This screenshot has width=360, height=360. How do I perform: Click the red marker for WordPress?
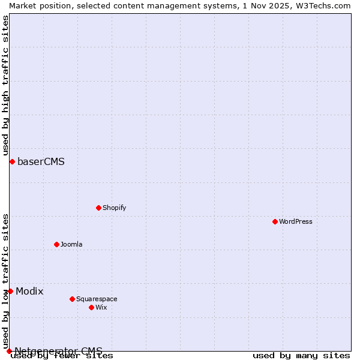(275, 221)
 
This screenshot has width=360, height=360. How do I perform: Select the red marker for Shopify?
(98, 208)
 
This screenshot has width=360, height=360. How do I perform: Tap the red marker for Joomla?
(56, 244)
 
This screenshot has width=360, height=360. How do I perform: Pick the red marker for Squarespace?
(72, 299)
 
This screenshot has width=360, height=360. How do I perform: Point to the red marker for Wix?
(91, 307)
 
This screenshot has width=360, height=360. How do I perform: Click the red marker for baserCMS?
(12, 161)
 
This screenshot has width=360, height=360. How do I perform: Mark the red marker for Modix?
(10, 291)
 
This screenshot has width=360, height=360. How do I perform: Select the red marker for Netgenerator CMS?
(9, 351)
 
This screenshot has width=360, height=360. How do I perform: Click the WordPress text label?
(296, 221)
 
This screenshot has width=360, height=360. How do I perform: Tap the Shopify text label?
(114, 208)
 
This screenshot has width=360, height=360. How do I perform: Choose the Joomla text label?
(71, 244)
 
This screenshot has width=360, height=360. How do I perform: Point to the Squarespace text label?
(97, 299)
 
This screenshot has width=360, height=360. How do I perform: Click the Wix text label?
(101, 307)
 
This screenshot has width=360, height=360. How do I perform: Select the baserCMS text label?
(41, 161)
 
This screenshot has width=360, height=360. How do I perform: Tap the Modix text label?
(29, 291)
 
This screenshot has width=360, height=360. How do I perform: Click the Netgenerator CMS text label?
(58, 351)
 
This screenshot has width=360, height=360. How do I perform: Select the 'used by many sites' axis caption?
(301, 356)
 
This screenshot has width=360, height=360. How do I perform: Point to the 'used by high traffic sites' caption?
(5, 85)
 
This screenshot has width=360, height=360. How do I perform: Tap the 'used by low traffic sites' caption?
(5, 281)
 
